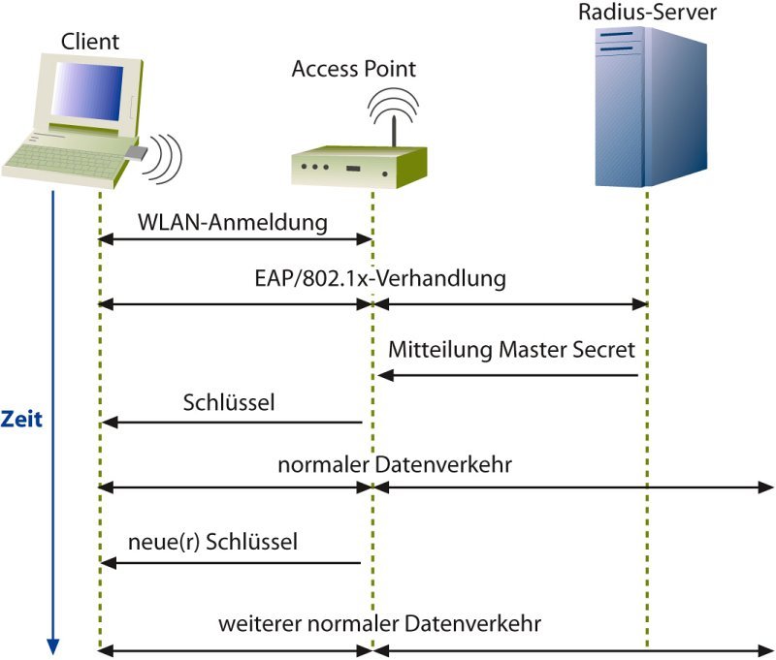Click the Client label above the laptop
(x=90, y=42)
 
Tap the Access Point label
(x=354, y=69)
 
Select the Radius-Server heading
(x=647, y=13)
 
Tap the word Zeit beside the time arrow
(x=21, y=420)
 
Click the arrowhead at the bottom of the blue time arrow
(x=53, y=646)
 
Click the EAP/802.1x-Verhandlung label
(x=374, y=279)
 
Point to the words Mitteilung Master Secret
(x=512, y=348)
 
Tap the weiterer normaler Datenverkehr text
(x=379, y=621)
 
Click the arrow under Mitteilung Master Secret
(x=510, y=375)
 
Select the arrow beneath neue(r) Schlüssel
(x=233, y=563)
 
